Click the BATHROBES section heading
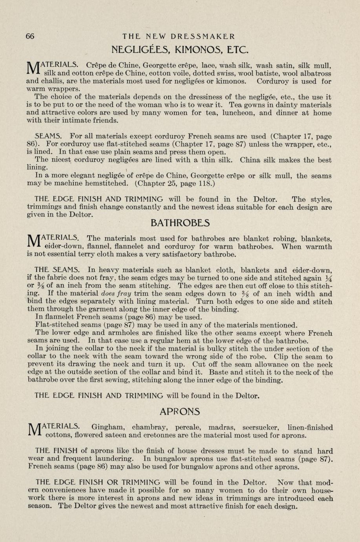tap(180, 223)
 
